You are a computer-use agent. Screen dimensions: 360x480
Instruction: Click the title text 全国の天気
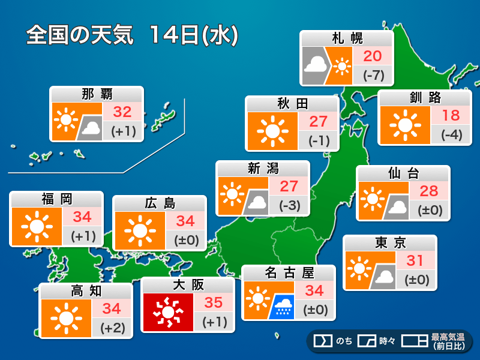pos(82,35)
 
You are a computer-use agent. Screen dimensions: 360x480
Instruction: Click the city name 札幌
pos(347,39)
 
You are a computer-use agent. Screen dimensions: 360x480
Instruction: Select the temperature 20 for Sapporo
pos(373,56)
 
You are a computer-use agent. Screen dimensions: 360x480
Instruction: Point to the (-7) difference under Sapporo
pos(373,76)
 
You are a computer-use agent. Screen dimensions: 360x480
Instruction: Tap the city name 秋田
pos(292,104)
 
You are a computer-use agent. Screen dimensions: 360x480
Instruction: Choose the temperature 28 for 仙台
pos(429,191)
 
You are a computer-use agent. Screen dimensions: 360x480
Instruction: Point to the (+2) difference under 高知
pos(112,328)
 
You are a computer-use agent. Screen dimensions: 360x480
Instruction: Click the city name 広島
pos(160,203)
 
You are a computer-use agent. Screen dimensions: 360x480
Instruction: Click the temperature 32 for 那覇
pos(122,112)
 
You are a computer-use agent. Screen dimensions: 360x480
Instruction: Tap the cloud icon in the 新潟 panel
pos(257,204)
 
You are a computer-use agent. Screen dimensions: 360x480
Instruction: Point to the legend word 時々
pos(387,341)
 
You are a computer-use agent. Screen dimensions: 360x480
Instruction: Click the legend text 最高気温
pos(448,337)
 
